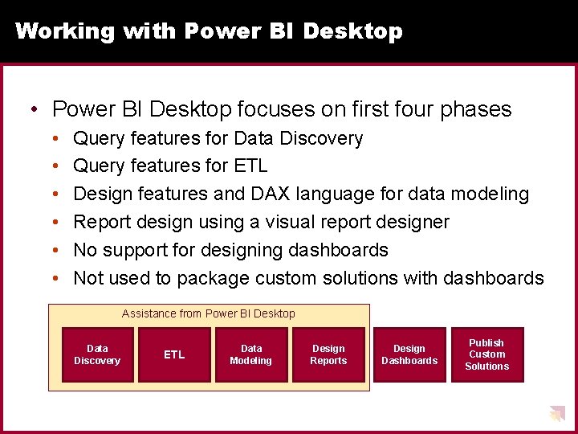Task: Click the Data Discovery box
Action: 97,354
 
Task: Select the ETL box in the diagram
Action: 174,354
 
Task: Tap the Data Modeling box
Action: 251,354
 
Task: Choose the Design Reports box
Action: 328,354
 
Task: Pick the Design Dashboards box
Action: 409,354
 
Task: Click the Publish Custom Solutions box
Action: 486,354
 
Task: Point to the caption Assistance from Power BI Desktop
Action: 209,313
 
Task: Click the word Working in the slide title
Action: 65,31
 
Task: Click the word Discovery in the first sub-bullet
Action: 321,138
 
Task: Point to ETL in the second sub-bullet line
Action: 250,166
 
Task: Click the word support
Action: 136,250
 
